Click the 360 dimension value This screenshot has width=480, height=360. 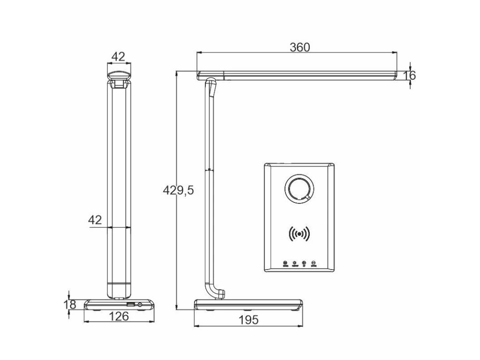click(x=300, y=47)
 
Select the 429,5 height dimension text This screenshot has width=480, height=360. click(x=178, y=190)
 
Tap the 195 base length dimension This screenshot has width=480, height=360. click(x=248, y=320)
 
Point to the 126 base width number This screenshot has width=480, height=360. click(x=119, y=316)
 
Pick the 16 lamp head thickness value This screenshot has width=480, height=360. click(x=409, y=75)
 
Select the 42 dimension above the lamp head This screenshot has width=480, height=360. click(x=119, y=57)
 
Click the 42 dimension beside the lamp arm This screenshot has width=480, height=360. click(x=95, y=220)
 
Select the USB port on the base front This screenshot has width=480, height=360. click(x=130, y=305)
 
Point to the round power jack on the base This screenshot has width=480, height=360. click(x=140, y=305)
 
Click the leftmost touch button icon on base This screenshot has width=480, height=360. click(x=285, y=263)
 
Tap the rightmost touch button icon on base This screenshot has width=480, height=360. click(x=314, y=263)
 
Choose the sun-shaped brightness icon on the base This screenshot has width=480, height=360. click(x=295, y=263)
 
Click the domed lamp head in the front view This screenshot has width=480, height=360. click(x=119, y=74)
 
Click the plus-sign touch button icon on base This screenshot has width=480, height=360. click(x=304, y=263)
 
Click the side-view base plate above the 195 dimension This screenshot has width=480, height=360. click(x=248, y=305)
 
